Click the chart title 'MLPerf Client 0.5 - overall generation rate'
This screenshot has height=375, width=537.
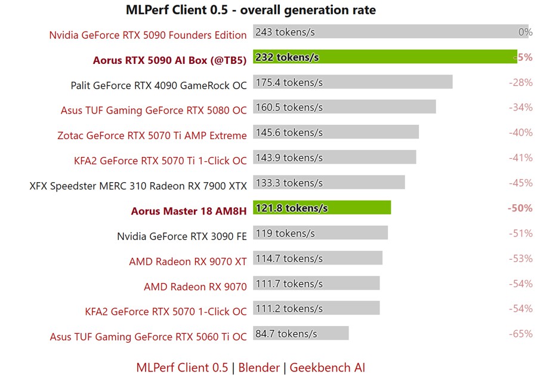[x=251, y=10]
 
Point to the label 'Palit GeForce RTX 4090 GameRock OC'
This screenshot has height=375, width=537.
[x=158, y=85]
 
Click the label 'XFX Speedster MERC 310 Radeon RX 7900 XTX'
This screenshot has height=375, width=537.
[x=138, y=186]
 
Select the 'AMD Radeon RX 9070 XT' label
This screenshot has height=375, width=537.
[x=187, y=262]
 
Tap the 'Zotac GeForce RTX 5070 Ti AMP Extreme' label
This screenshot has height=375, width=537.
[x=152, y=136]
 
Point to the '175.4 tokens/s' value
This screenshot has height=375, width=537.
[x=289, y=82]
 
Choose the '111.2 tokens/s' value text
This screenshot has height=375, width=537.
[x=289, y=308]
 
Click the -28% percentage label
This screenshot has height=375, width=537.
[x=520, y=82]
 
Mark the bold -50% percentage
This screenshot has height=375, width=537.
[x=520, y=208]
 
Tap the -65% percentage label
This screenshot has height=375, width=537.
[x=520, y=333]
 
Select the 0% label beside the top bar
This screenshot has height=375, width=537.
[x=525, y=32]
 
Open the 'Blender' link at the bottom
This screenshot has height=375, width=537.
[x=259, y=367]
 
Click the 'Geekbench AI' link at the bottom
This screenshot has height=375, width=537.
[x=327, y=367]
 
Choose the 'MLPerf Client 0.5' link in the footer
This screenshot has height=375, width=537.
[x=182, y=367]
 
